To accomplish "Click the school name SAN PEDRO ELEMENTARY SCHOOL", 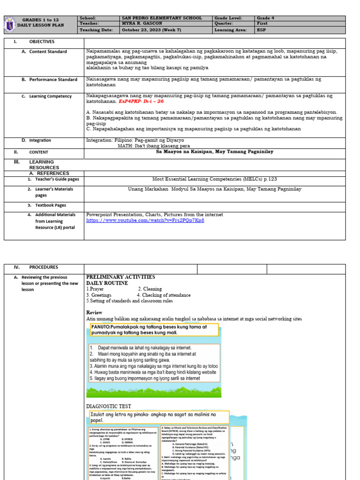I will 161,18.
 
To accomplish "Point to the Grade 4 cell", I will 265,18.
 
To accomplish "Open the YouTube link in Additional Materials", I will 145,220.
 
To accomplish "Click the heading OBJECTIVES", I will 42,42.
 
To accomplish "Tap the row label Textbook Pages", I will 53,205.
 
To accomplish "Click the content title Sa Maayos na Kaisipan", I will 215,152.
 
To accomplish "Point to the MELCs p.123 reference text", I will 215,179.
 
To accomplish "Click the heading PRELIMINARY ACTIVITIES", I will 120,277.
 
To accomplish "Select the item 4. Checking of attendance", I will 164,295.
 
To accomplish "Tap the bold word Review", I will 94,313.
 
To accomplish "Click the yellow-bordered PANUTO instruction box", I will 154,330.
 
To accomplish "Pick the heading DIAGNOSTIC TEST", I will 109,406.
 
